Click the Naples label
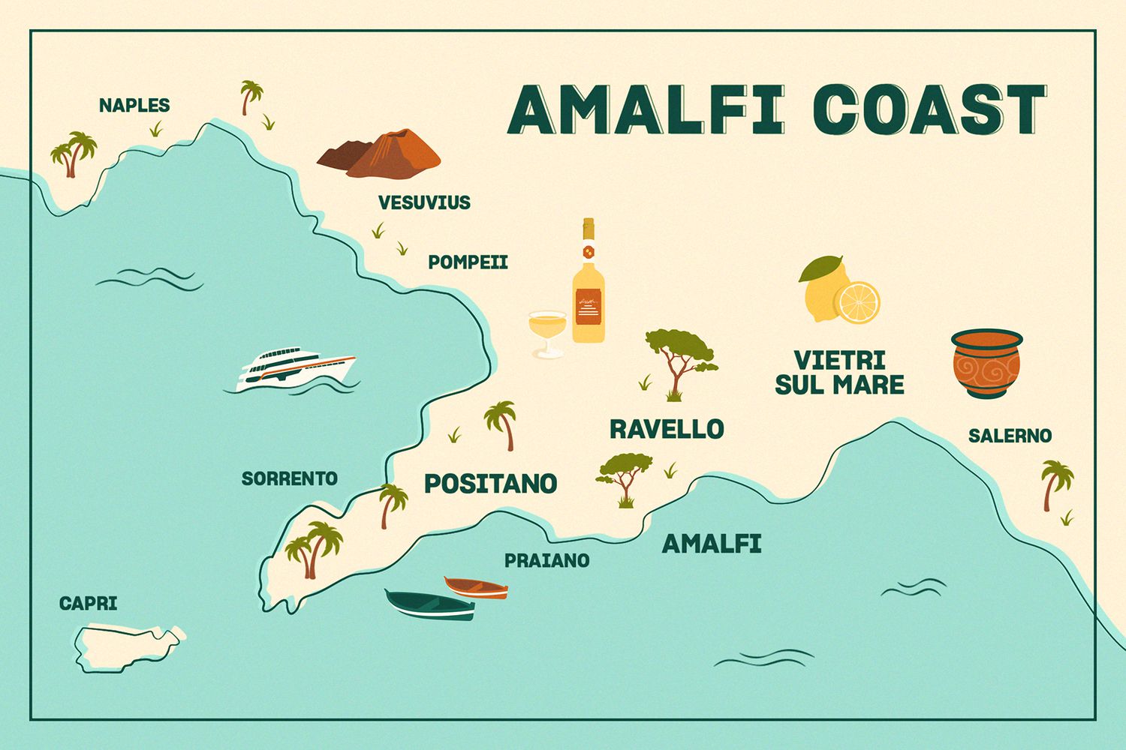(x=134, y=106)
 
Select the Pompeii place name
(x=468, y=262)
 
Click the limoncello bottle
(x=588, y=289)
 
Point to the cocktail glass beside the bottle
(x=546, y=331)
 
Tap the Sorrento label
(x=289, y=478)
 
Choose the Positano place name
(x=490, y=484)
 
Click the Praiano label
(x=546, y=560)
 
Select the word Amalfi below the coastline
(x=712, y=544)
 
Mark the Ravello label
(x=667, y=429)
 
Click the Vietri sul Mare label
(x=839, y=372)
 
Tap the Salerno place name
(x=1010, y=436)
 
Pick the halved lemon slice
(x=858, y=302)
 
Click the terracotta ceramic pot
(x=986, y=364)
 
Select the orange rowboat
(x=475, y=587)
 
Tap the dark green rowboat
(x=429, y=605)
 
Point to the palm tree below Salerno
(x=1055, y=482)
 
